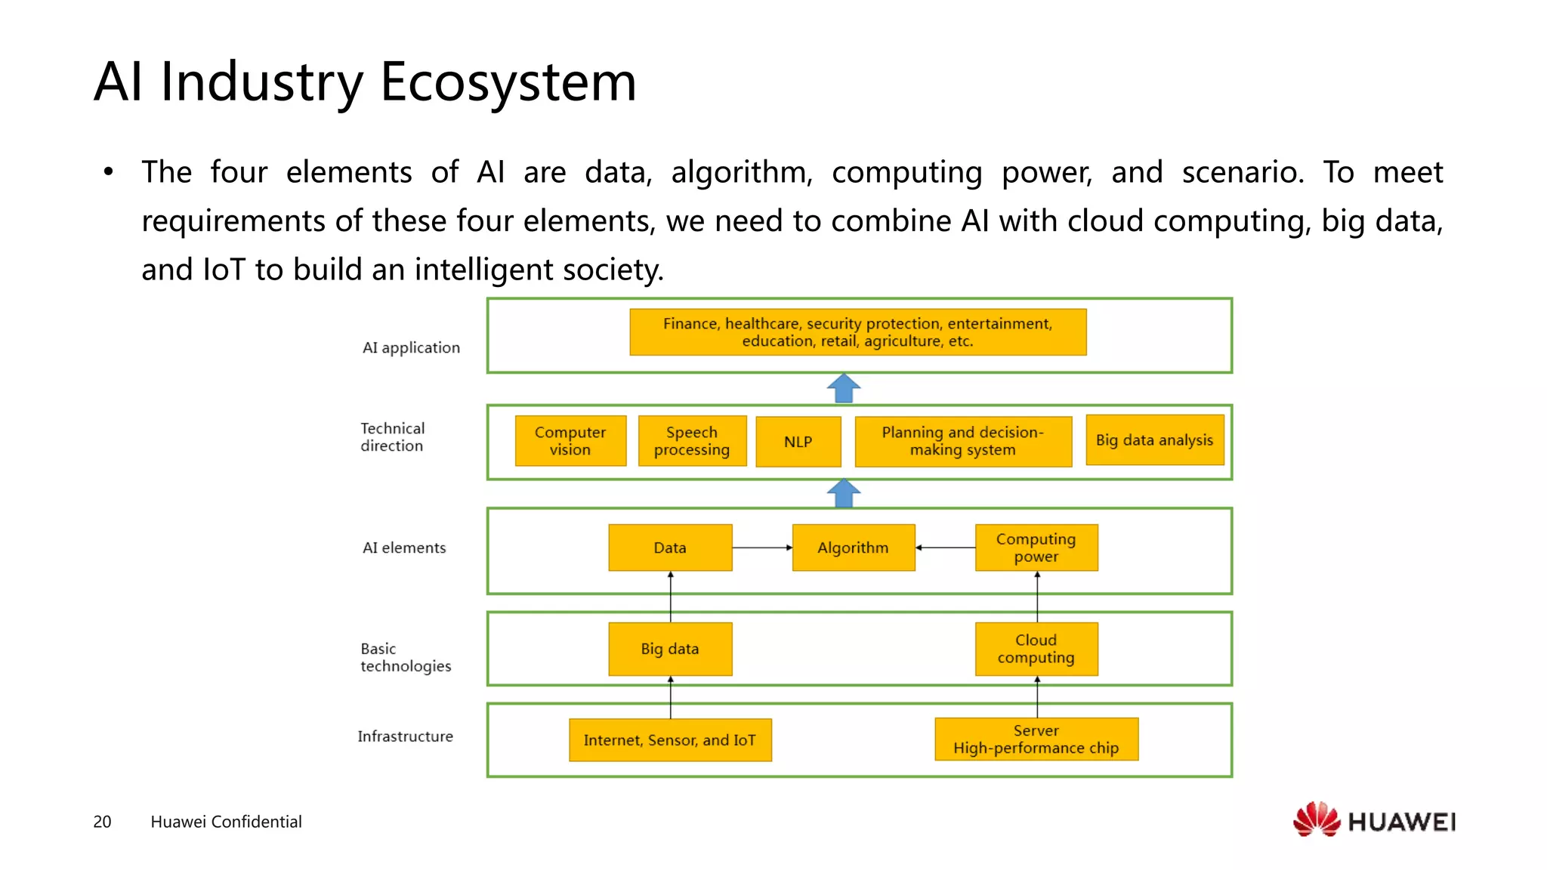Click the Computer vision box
coord(570,441)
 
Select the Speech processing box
coord(692,441)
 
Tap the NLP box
coord(798,442)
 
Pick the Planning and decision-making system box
coord(962,442)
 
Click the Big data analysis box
coord(1154,440)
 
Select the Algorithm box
coord(853,548)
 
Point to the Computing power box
coord(1036,548)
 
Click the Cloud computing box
coord(1036,649)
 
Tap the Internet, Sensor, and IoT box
coord(669,740)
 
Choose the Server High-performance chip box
coord(1036,739)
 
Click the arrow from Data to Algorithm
coord(761,548)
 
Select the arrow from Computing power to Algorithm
coord(945,548)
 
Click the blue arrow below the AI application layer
coord(844,388)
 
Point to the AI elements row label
coord(404,548)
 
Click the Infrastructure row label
coord(405,736)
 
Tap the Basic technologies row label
coord(405,657)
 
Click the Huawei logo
coord(1374,820)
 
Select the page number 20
coord(102,822)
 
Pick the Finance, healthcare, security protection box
coord(857,332)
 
